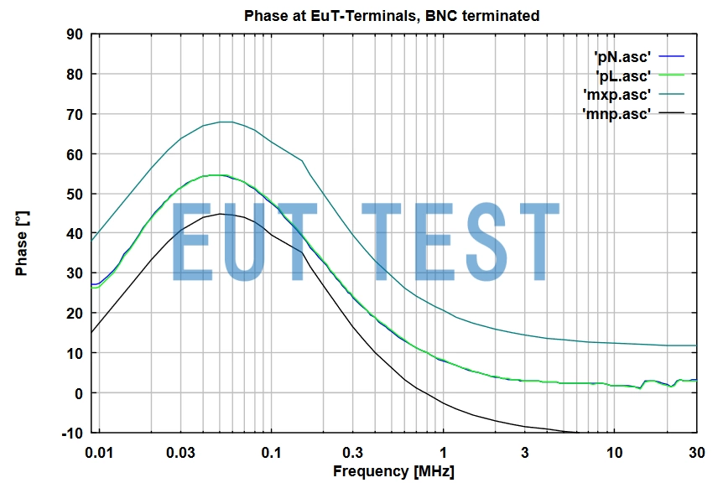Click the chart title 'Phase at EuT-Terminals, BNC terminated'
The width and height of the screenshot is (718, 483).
392,16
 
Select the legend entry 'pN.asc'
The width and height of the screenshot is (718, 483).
622,57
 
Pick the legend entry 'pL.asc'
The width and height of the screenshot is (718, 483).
622,76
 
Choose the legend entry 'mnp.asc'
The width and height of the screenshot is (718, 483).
617,113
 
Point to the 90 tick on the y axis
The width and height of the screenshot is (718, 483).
73,34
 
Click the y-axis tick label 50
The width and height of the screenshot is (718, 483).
73,194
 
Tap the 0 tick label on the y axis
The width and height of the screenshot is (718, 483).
76,393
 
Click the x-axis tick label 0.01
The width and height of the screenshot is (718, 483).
99,454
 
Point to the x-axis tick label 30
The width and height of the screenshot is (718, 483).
696,454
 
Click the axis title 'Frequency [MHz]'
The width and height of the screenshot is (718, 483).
393,471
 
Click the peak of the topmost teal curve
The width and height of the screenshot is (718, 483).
223,122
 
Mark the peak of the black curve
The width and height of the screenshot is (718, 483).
220,214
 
